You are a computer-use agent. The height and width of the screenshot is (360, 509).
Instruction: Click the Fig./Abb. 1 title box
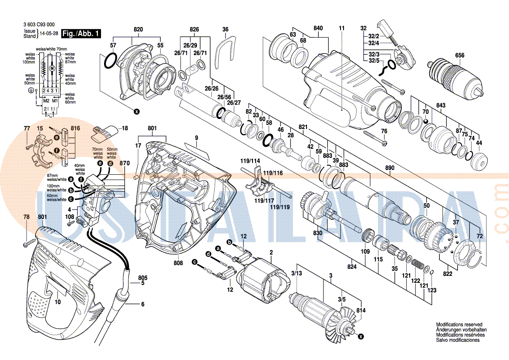pyautogui.click(x=81, y=34)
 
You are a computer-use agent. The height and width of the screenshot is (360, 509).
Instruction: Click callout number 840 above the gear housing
pyautogui.click(x=318, y=28)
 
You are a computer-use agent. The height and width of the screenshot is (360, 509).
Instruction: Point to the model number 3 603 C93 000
pyautogui.click(x=39, y=25)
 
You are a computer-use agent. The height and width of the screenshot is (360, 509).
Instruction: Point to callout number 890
pyautogui.click(x=390, y=168)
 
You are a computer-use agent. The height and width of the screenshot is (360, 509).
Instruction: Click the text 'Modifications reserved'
pyautogui.click(x=459, y=325)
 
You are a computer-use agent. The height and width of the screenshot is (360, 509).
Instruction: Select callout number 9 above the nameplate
pyautogui.click(x=196, y=138)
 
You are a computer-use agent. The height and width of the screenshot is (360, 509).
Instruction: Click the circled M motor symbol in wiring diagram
pyautogui.click(x=51, y=69)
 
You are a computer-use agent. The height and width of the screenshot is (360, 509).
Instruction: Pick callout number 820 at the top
pyautogui.click(x=138, y=29)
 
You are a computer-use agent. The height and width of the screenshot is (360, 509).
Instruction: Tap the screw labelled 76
pyautogui.click(x=374, y=136)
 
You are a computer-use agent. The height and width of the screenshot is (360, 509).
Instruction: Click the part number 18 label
pyautogui.click(x=125, y=128)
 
